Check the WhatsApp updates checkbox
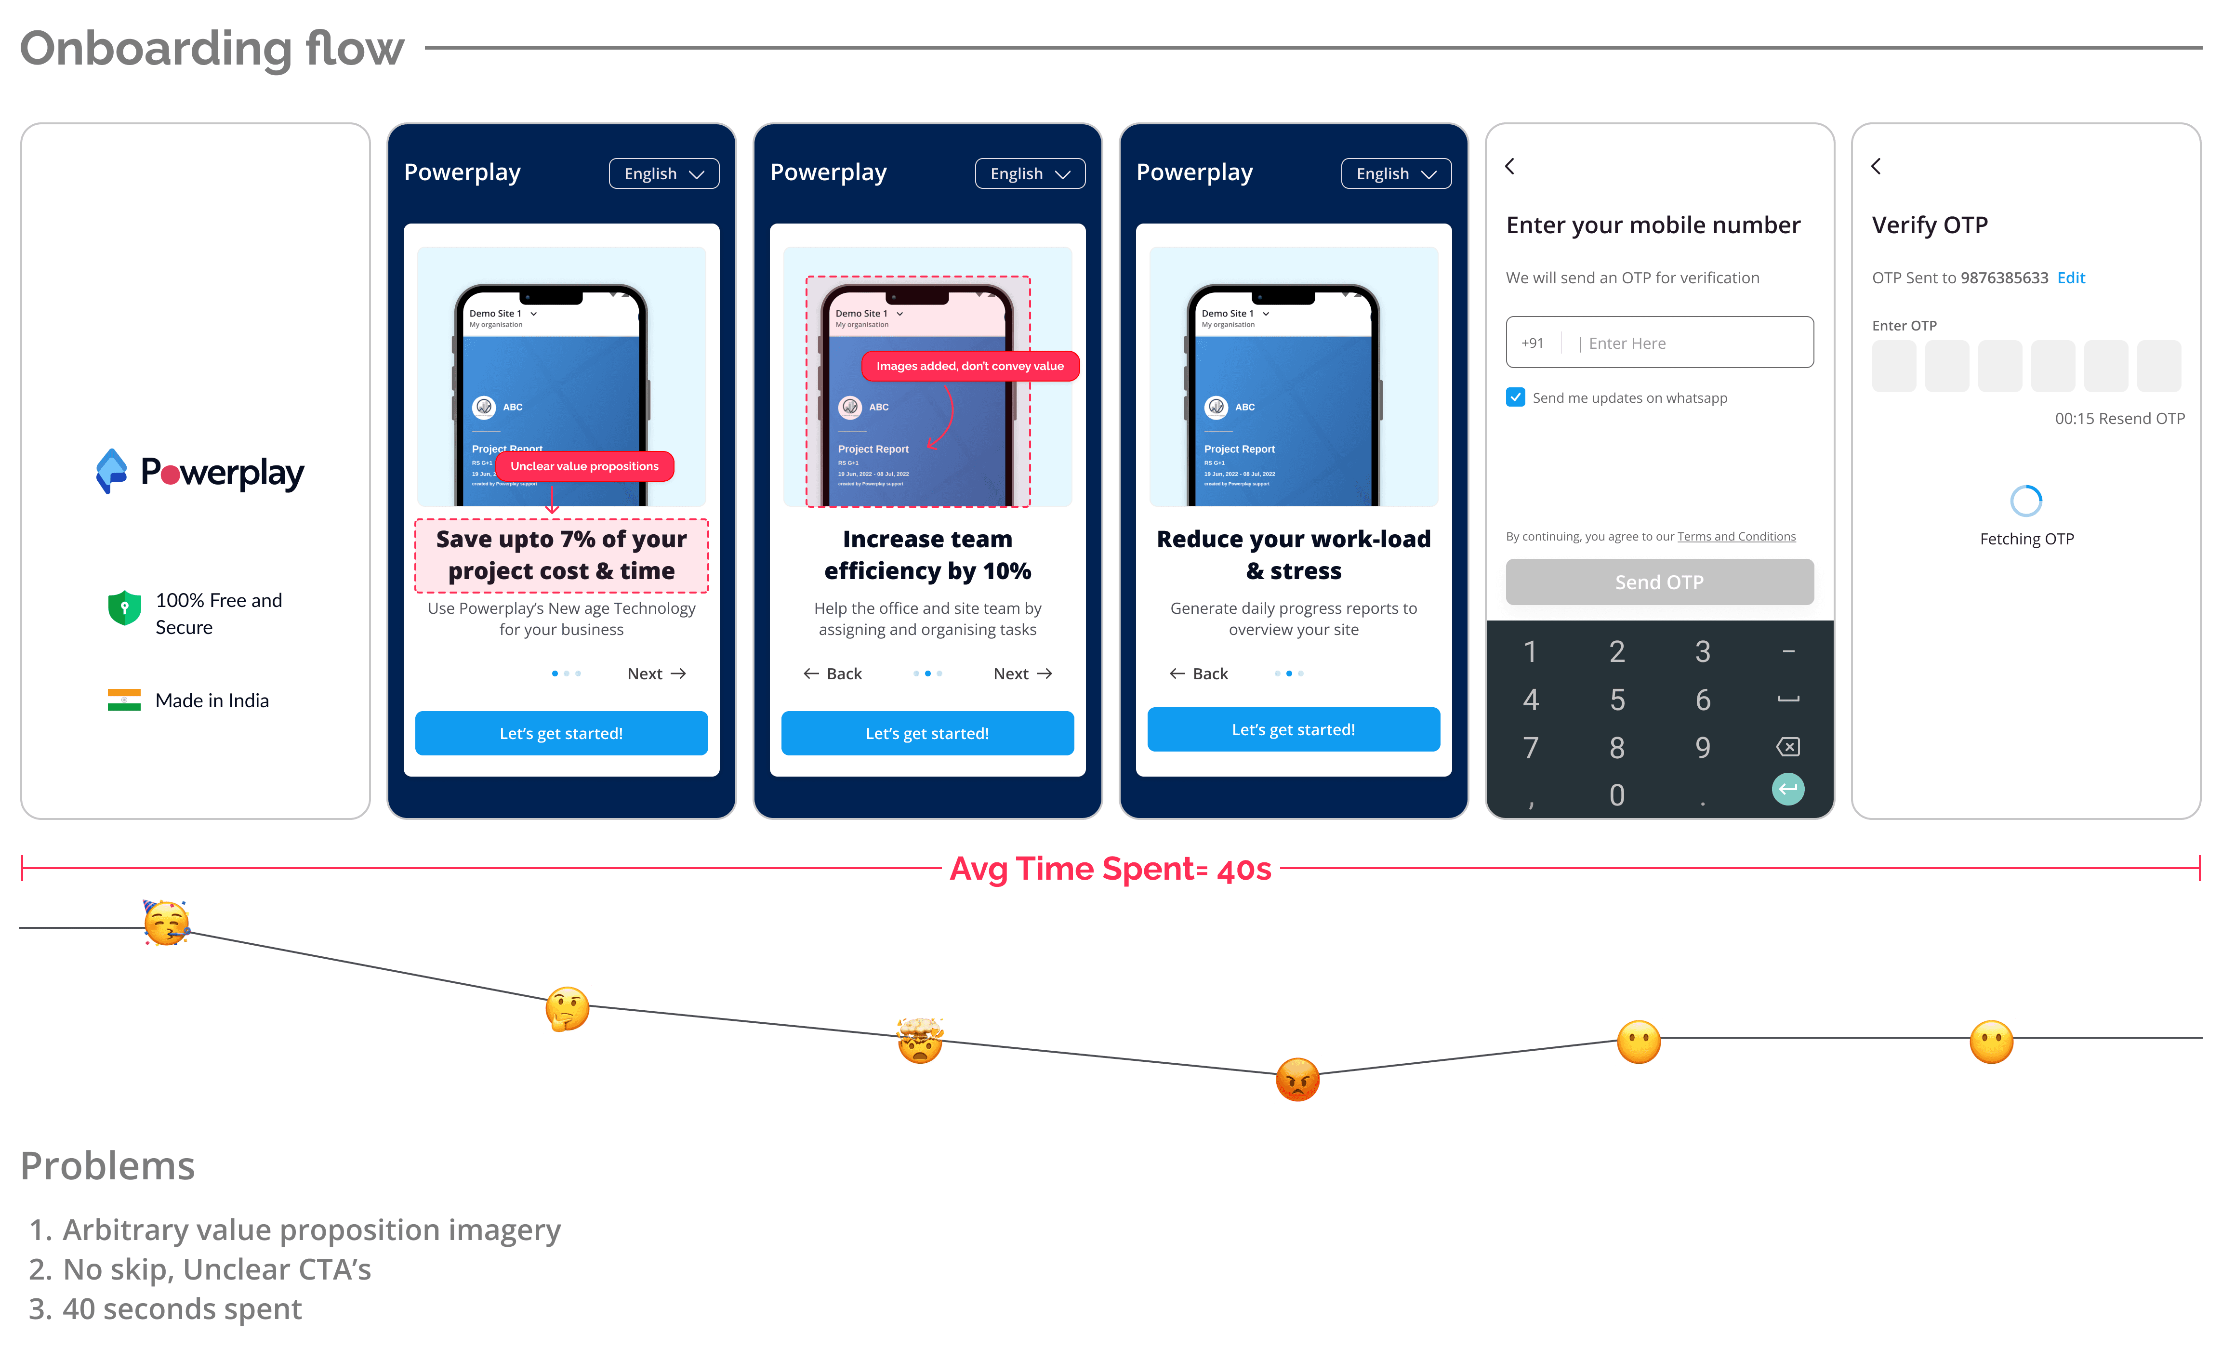point(1515,397)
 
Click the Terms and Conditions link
point(1736,537)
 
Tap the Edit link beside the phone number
point(2071,277)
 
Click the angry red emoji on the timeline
point(1297,1079)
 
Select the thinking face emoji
point(567,1009)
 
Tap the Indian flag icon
point(123,700)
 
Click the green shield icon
point(124,608)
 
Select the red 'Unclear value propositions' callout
point(584,466)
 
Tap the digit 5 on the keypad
point(1617,700)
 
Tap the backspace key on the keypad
point(1787,747)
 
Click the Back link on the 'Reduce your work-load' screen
point(1199,673)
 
